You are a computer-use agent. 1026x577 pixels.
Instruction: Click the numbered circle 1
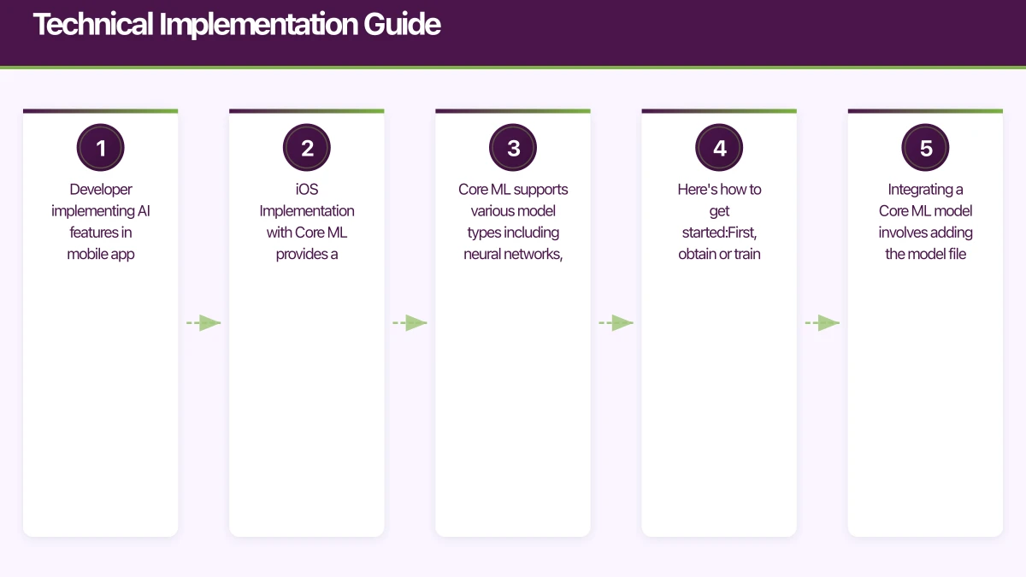101,148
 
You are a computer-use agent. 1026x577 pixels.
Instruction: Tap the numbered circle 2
307,148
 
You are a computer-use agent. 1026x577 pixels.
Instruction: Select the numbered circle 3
513,148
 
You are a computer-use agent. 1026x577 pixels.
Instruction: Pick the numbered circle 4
719,148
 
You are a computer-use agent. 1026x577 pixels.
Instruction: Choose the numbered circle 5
926,148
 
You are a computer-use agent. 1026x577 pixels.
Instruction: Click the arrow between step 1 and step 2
203,323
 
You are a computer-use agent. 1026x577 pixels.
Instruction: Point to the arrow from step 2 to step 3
410,323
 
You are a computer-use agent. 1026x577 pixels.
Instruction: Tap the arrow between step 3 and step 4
616,323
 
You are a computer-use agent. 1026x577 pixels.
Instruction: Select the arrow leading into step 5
823,323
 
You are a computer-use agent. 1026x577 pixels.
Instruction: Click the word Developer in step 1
101,190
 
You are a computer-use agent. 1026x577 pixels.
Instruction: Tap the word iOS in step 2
307,190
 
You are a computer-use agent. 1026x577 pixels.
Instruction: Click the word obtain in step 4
698,254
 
